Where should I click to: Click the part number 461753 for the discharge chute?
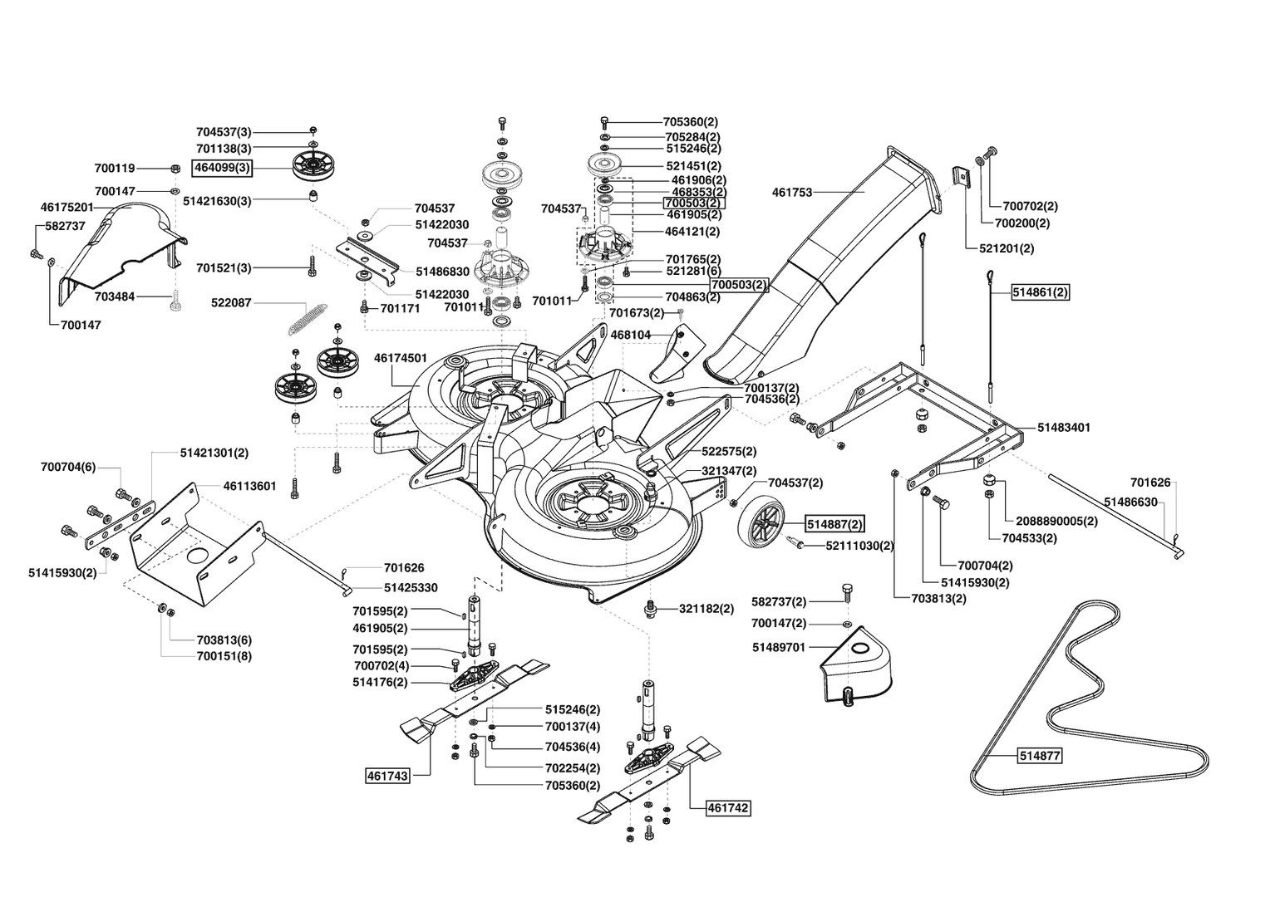coord(792,193)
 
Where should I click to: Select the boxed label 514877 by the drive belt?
coord(1040,756)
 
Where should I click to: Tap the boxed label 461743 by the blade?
coord(388,776)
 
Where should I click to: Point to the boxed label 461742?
coord(728,807)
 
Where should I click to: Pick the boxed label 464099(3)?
coord(222,169)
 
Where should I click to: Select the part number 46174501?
coord(401,359)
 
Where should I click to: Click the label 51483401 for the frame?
coord(1064,428)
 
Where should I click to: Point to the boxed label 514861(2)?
coord(1041,293)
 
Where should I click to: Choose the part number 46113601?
coord(249,486)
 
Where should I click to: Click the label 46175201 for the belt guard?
coord(66,208)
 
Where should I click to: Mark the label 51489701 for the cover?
coord(779,647)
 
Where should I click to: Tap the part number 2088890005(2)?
coord(1057,522)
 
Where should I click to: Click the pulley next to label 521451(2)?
coord(606,165)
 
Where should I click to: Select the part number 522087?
coord(231,303)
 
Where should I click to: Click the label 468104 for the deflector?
coord(631,335)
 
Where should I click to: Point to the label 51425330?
coord(411,588)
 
